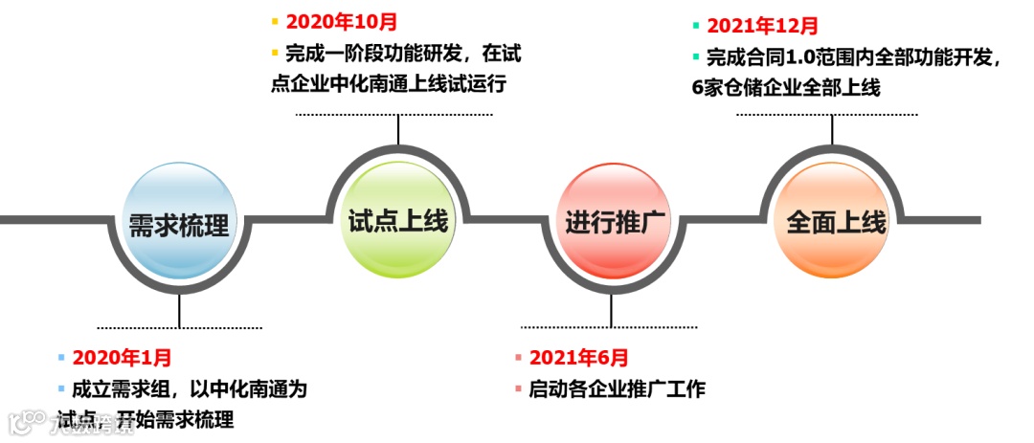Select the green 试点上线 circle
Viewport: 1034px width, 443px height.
pos(397,222)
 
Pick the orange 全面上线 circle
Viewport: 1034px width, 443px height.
pos(836,222)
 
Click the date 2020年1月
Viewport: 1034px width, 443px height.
pos(122,359)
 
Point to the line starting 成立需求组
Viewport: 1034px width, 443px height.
pos(190,390)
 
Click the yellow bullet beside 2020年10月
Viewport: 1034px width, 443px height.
pos(275,20)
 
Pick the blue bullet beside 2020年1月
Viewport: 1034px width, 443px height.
pos(62,359)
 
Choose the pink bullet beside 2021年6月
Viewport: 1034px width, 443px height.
pos(519,359)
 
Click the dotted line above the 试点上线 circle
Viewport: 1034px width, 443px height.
pos(393,115)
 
